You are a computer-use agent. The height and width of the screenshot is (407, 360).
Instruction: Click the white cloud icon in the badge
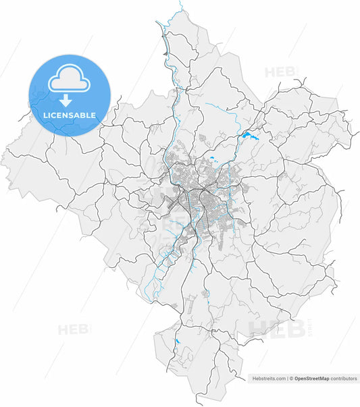[x=68, y=79]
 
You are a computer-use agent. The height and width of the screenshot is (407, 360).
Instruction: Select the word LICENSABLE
[x=69, y=115]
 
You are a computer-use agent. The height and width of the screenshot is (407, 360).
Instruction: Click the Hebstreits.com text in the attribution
[x=269, y=379]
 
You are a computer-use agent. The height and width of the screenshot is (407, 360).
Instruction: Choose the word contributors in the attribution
[x=344, y=379]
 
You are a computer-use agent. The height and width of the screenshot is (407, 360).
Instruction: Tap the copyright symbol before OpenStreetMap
[x=291, y=379]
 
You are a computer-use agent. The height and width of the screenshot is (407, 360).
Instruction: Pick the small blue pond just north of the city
[x=211, y=159]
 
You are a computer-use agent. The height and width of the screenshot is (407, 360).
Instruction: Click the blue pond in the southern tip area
[x=176, y=342]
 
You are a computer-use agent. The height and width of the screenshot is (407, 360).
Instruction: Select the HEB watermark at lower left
[x=72, y=330]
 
